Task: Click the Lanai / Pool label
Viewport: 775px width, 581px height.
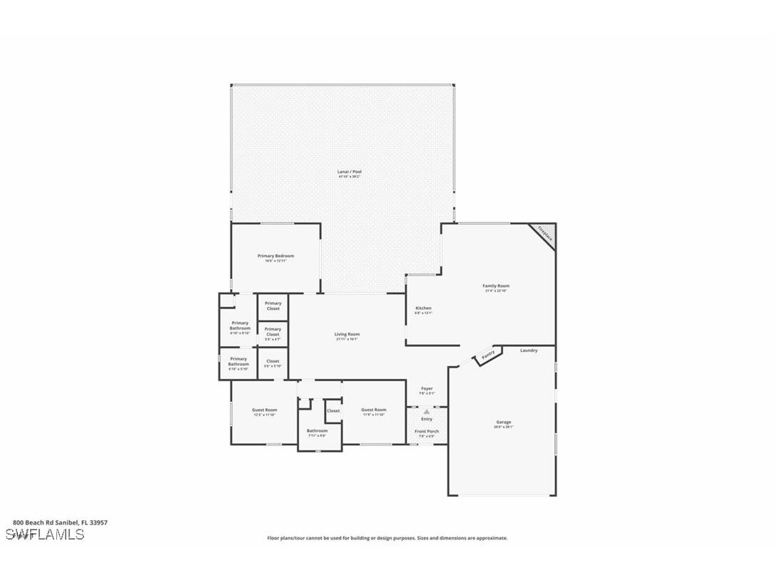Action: click(x=350, y=172)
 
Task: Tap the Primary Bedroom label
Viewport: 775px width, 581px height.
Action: click(x=275, y=256)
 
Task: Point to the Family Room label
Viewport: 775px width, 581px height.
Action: click(x=496, y=286)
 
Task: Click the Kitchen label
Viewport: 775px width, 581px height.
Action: click(x=423, y=309)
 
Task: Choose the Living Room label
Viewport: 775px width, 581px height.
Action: click(x=347, y=335)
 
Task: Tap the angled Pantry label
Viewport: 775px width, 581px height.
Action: click(x=488, y=355)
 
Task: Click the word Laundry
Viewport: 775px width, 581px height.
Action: click(x=529, y=350)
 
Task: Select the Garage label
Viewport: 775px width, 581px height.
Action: click(x=504, y=423)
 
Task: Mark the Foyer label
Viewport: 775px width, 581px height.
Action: click(x=427, y=389)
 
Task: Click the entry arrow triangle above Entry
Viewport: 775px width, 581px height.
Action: click(x=427, y=412)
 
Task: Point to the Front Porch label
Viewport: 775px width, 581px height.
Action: click(x=427, y=432)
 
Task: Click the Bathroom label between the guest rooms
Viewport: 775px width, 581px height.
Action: click(x=318, y=431)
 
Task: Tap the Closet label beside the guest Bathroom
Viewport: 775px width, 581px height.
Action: click(x=333, y=411)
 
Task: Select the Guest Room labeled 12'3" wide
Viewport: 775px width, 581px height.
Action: click(x=264, y=410)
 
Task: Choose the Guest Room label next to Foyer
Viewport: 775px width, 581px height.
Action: click(x=373, y=410)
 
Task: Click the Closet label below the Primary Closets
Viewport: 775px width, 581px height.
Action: click(x=273, y=362)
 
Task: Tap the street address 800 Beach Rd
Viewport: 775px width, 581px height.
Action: click(x=60, y=522)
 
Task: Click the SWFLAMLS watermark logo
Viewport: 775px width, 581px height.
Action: click(x=45, y=535)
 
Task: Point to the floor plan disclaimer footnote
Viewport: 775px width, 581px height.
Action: click(x=387, y=538)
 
